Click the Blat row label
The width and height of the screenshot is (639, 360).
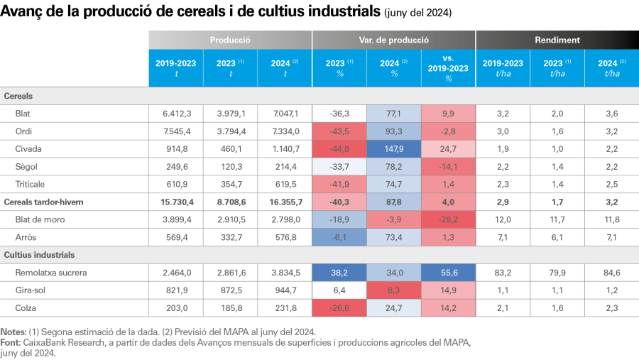(23, 113)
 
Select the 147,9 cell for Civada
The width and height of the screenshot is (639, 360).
(394, 148)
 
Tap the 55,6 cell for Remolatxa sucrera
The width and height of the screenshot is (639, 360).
(449, 272)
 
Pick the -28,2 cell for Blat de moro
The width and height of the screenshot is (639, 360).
(449, 219)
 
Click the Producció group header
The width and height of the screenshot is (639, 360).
(230, 40)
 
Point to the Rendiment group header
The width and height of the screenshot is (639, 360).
(557, 40)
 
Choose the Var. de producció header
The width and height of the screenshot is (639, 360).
(393, 40)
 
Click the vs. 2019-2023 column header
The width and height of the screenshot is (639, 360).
(449, 68)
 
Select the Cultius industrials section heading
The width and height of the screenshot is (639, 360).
(40, 254)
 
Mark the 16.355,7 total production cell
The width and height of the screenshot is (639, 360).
(285, 202)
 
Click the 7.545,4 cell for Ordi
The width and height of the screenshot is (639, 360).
(176, 131)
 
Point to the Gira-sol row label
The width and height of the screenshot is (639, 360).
(30, 290)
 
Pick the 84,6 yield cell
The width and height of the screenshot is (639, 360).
(611, 272)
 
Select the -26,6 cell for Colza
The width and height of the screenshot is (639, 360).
(339, 307)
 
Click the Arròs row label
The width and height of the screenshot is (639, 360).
(26, 237)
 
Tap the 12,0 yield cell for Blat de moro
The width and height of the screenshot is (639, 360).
(503, 219)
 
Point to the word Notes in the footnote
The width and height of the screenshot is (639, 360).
(13, 332)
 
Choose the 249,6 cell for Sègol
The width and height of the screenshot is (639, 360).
(176, 166)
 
